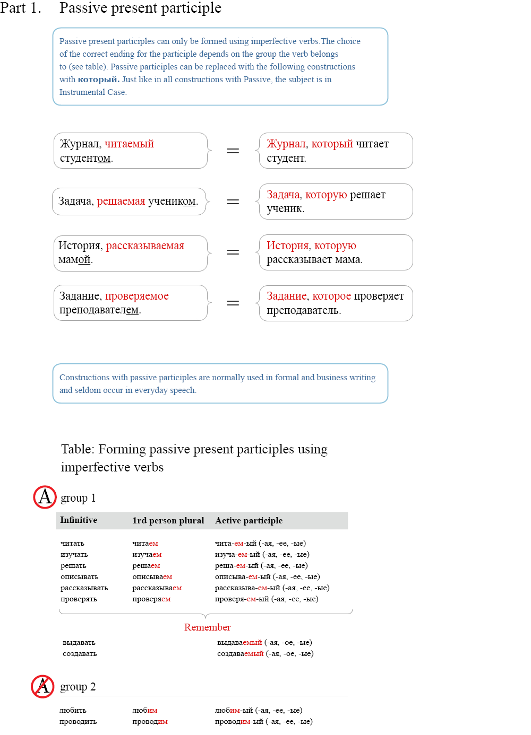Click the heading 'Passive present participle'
(140, 8)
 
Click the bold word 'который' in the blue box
(98, 80)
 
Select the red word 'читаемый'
(129, 144)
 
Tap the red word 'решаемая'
(121, 201)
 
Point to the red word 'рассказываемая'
(145, 246)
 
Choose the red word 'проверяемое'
(137, 296)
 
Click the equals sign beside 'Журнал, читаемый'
(233, 151)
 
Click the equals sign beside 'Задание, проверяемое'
(233, 303)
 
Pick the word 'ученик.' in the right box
(286, 208)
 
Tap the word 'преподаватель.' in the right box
(304, 310)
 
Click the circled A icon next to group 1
(45, 497)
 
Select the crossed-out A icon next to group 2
(42, 686)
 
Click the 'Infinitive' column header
(79, 520)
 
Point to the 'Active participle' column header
(249, 521)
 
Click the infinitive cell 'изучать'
(74, 554)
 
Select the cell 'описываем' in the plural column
(152, 576)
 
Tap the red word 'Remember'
(207, 627)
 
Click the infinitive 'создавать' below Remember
(80, 653)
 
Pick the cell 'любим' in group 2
(145, 710)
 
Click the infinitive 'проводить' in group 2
(78, 721)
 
